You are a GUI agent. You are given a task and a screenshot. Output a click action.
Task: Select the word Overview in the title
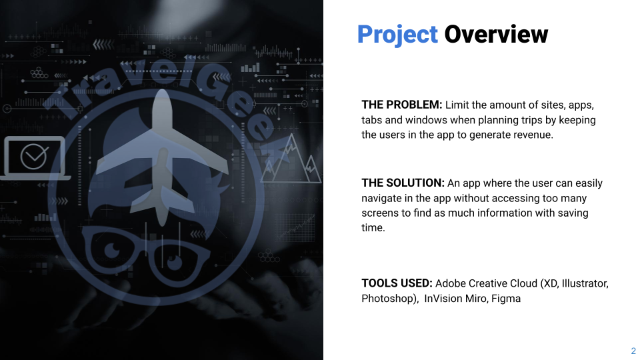click(496, 34)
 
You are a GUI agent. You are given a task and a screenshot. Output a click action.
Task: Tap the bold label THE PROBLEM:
click(401, 105)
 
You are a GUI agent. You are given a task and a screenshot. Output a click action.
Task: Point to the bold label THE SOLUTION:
click(403, 183)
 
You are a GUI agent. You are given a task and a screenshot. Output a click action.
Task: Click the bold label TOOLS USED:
click(397, 283)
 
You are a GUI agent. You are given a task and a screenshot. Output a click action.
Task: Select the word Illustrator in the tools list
click(584, 283)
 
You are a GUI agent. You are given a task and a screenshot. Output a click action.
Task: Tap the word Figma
click(506, 299)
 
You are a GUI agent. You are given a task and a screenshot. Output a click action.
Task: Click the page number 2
click(633, 351)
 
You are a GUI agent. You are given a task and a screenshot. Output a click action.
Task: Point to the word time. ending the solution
click(373, 228)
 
